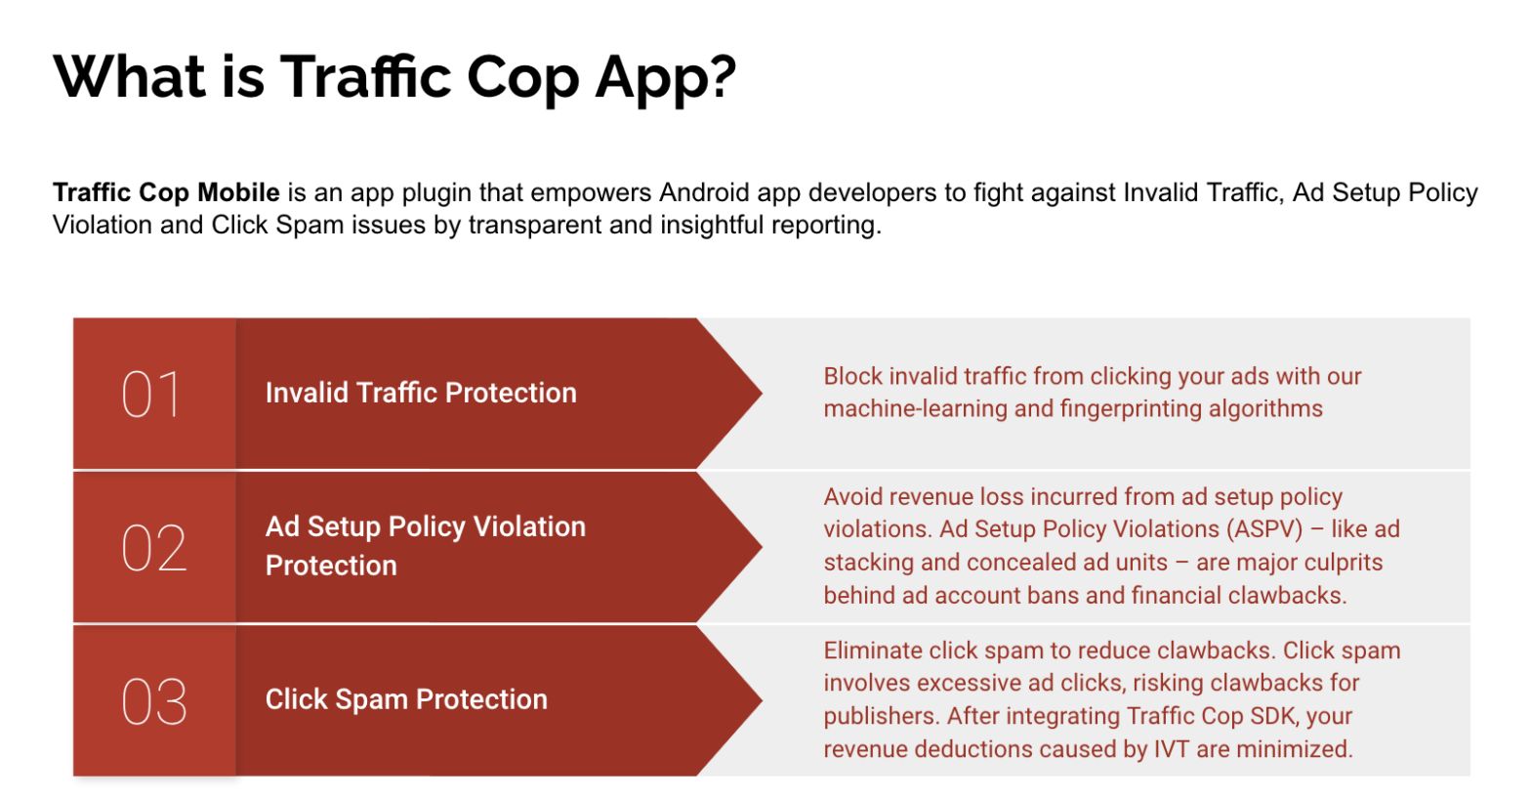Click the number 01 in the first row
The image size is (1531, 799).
(151, 395)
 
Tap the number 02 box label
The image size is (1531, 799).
(153, 548)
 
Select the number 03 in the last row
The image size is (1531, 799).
(153, 701)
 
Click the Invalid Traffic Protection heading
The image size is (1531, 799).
(421, 393)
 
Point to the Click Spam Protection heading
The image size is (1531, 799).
(406, 699)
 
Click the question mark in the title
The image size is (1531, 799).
(722, 76)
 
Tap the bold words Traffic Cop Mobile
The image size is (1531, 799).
(166, 192)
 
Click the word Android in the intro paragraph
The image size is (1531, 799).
(704, 192)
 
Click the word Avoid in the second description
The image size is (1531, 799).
(851, 496)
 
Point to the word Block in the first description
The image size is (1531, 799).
(852, 376)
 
